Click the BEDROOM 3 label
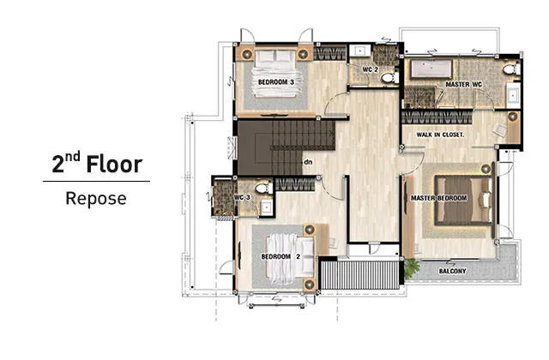click(276, 82)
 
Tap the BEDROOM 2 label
click(281, 257)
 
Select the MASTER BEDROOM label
click(438, 198)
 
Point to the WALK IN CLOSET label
click(440, 135)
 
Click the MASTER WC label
click(463, 84)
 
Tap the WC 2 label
click(370, 69)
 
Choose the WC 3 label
click(242, 198)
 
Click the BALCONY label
click(452, 271)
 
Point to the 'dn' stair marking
click(308, 162)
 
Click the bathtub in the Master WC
click(431, 69)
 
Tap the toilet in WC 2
click(389, 77)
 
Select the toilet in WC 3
click(263, 189)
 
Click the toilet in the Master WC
click(511, 69)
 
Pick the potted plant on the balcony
click(412, 267)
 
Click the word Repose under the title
click(96, 199)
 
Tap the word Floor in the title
click(114, 164)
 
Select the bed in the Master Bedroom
click(462, 200)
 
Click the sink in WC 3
click(267, 207)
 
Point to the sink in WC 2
click(360, 51)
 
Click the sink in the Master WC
click(513, 95)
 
